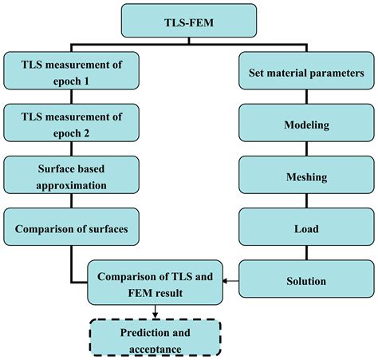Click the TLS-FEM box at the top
pyautogui.click(x=189, y=21)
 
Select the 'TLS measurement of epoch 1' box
pyautogui.click(x=71, y=70)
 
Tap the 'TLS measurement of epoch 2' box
pyautogui.click(x=71, y=123)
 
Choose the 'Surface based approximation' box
pyautogui.click(x=71, y=175)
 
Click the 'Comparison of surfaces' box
pyautogui.click(x=71, y=227)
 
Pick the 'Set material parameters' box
pyautogui.click(x=306, y=70)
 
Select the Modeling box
pyautogui.click(x=306, y=123)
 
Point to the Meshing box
pyautogui.click(x=306, y=175)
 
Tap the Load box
pyautogui.click(x=306, y=227)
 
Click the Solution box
pyautogui.click(x=306, y=279)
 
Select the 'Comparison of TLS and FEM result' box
pyautogui.click(x=155, y=283)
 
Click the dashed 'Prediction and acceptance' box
pyautogui.click(x=156, y=337)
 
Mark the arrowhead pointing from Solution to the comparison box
pyautogui.click(x=225, y=281)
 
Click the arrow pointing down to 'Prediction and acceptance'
pyautogui.click(x=156, y=311)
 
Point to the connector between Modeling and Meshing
pyautogui.click(x=307, y=148)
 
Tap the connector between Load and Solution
pyautogui.click(x=307, y=253)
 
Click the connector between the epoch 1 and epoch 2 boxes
pyautogui.click(x=71, y=97)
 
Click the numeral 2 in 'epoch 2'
pyautogui.click(x=86, y=133)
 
